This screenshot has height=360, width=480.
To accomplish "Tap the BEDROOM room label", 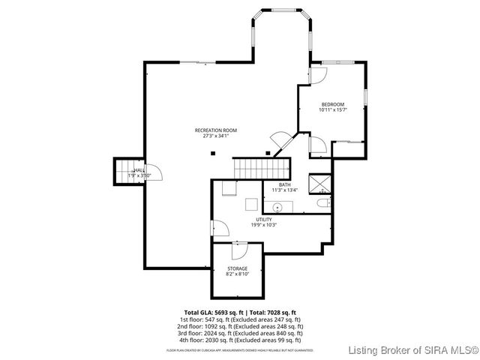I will click(x=333, y=104).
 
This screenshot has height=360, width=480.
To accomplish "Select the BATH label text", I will click(x=284, y=184).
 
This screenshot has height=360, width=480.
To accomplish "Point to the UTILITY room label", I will click(x=263, y=219).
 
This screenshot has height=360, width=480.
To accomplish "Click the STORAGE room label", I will click(x=237, y=268).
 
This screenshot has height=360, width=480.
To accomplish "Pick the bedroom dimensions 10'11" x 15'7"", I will click(x=333, y=110).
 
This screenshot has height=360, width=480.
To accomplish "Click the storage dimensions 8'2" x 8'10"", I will click(x=237, y=274).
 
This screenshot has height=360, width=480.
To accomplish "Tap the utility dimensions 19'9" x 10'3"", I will click(x=263, y=225).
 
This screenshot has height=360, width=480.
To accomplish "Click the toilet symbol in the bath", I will click(x=323, y=203).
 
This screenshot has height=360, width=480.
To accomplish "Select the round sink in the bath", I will click(x=277, y=205).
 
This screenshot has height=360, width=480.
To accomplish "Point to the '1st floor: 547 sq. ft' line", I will click(x=240, y=319).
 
